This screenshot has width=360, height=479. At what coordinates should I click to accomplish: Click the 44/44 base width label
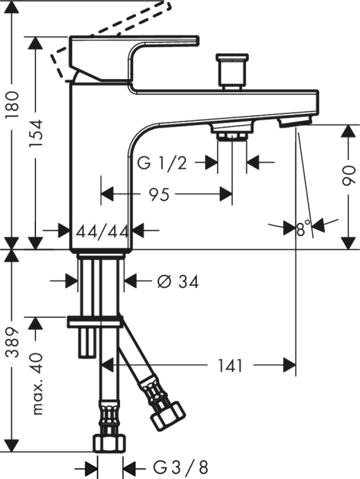click(102, 230)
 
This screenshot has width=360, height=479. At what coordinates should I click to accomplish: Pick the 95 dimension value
click(159, 195)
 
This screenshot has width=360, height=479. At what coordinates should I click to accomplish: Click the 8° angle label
click(302, 228)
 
